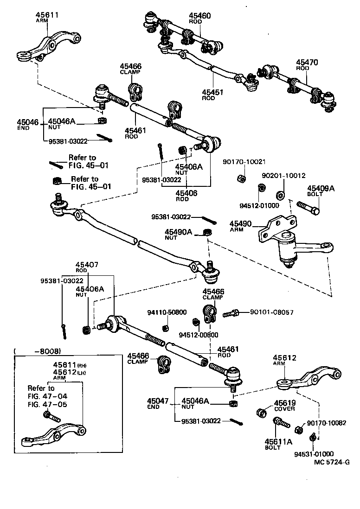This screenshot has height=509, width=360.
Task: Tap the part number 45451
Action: (x=213, y=92)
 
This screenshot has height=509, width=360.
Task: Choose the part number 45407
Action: (x=87, y=265)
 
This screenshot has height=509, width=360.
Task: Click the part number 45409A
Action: (x=321, y=188)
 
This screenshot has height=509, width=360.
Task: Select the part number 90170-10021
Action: (x=244, y=162)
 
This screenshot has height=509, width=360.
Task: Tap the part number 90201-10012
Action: (x=283, y=176)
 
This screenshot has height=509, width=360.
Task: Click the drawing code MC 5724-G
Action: (x=331, y=462)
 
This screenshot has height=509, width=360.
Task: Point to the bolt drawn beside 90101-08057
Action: (x=231, y=314)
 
